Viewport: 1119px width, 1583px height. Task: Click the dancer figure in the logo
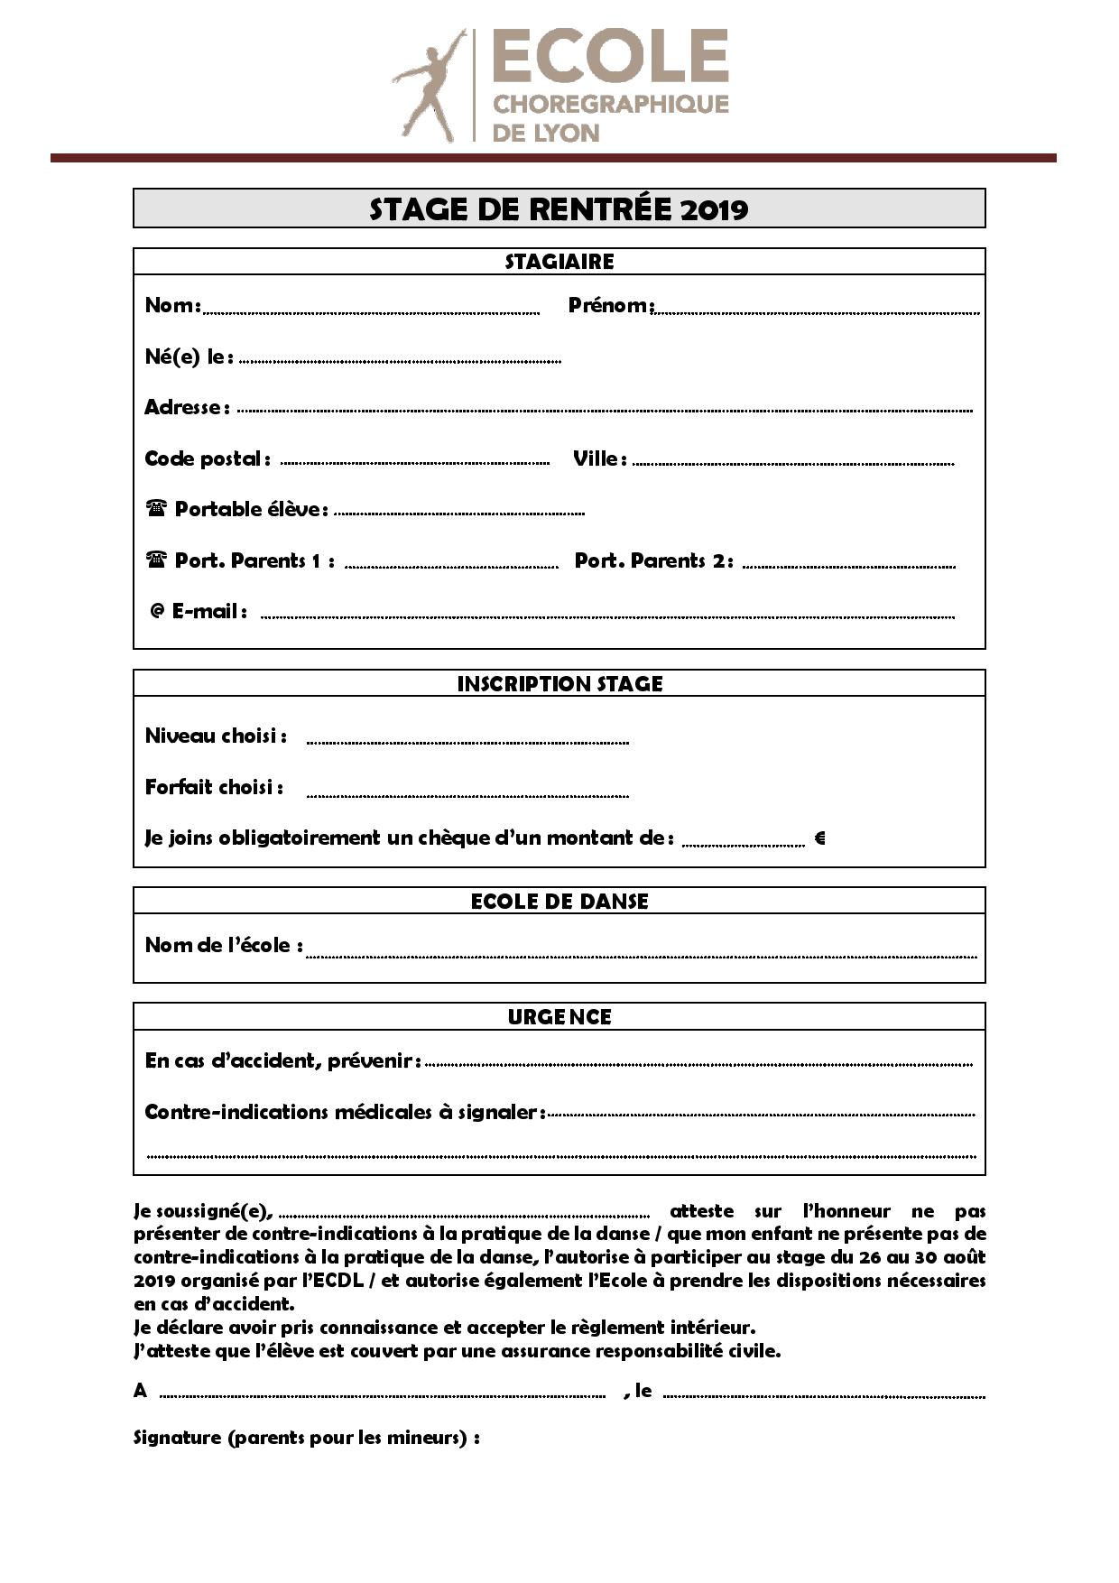[x=429, y=86]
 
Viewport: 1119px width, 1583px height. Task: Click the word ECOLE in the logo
[x=610, y=56]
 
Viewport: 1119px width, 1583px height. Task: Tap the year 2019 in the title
[x=714, y=209]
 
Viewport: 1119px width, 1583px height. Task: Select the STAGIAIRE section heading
[x=559, y=262]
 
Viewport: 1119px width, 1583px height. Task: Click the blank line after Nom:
[x=371, y=312]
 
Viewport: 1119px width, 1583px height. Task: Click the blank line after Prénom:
[x=817, y=312]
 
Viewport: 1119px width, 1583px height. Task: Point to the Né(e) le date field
[x=400, y=361]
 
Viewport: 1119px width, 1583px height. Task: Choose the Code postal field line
[x=415, y=463]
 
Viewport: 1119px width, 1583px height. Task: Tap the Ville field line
[x=792, y=463]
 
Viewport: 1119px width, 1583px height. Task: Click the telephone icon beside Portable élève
[x=156, y=508]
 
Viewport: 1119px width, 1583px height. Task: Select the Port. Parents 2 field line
[x=848, y=566]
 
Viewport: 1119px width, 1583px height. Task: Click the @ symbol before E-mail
[x=157, y=612]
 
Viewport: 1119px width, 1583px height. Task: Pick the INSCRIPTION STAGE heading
[x=559, y=684]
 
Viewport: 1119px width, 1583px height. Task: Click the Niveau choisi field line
[x=467, y=742]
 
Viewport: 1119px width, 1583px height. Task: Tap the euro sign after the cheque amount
[x=819, y=838]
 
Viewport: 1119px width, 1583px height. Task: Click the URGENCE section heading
[x=559, y=1017]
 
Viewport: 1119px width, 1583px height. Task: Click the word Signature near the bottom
[x=177, y=1438]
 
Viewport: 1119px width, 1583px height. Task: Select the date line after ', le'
[x=823, y=1396]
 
